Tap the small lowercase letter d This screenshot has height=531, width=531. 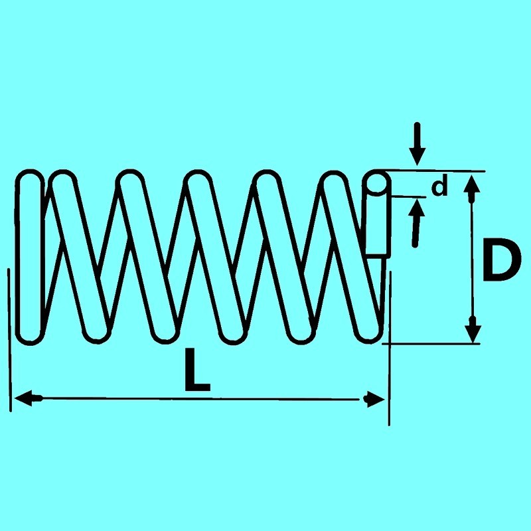(439, 188)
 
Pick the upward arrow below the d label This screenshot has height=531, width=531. (416, 222)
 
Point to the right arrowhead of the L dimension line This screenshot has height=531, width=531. (374, 400)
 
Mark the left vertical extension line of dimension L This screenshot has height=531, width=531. (10, 339)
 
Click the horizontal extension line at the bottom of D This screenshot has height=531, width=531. (431, 343)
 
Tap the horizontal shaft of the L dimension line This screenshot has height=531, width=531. (199, 399)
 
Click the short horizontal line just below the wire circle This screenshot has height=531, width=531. (406, 196)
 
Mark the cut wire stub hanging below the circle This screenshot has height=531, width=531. (376, 226)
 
